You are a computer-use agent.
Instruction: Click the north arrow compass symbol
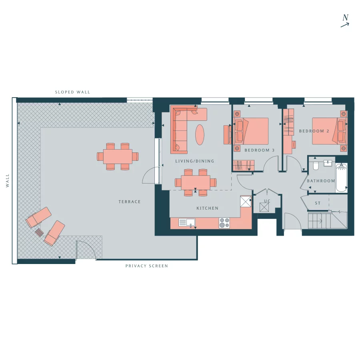point(345,21)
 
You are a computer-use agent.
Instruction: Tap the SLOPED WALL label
point(72,92)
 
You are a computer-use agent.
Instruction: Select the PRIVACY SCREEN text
point(147,266)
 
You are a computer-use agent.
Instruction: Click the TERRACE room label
point(130,202)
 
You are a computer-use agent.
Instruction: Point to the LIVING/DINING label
point(195,161)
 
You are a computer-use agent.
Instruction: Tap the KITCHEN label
point(208,208)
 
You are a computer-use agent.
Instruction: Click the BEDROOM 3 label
point(260,150)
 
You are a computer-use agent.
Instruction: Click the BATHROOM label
point(321,181)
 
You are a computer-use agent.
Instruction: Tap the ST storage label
point(318,203)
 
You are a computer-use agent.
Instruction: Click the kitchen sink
point(186,222)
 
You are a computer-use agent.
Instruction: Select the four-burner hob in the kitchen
point(224,223)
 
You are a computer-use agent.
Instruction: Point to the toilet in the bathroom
point(315,165)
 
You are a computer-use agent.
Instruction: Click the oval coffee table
point(200,135)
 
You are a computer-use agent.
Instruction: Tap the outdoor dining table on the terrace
point(118,156)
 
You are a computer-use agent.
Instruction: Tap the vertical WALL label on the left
point(8,180)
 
